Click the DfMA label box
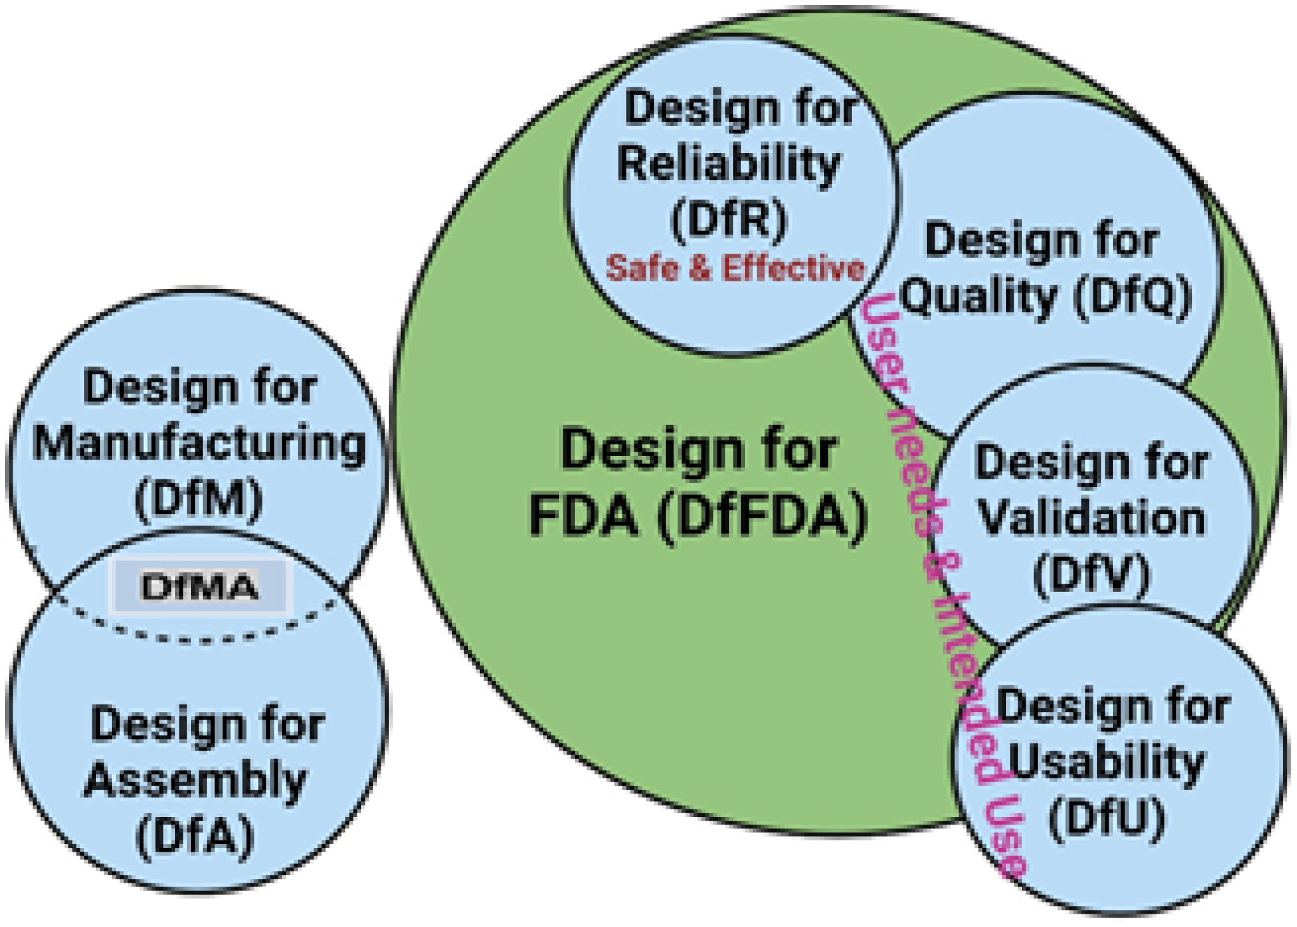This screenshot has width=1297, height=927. pos(200,587)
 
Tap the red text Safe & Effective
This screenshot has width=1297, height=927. pos(735,268)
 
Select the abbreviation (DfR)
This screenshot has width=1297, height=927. pos(728,220)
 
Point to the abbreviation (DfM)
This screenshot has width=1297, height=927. pos(199,500)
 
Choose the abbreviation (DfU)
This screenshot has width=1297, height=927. pos(1107,818)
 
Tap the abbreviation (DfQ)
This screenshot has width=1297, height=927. pos(1133,296)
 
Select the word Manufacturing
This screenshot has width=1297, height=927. pos(199,444)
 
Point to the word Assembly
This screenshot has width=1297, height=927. pos(195,781)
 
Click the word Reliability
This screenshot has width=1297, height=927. pos(728,164)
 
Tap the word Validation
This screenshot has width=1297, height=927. pos(1091,519)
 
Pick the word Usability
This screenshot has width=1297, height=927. pos(1107,763)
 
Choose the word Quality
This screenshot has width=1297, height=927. pos(979,296)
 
